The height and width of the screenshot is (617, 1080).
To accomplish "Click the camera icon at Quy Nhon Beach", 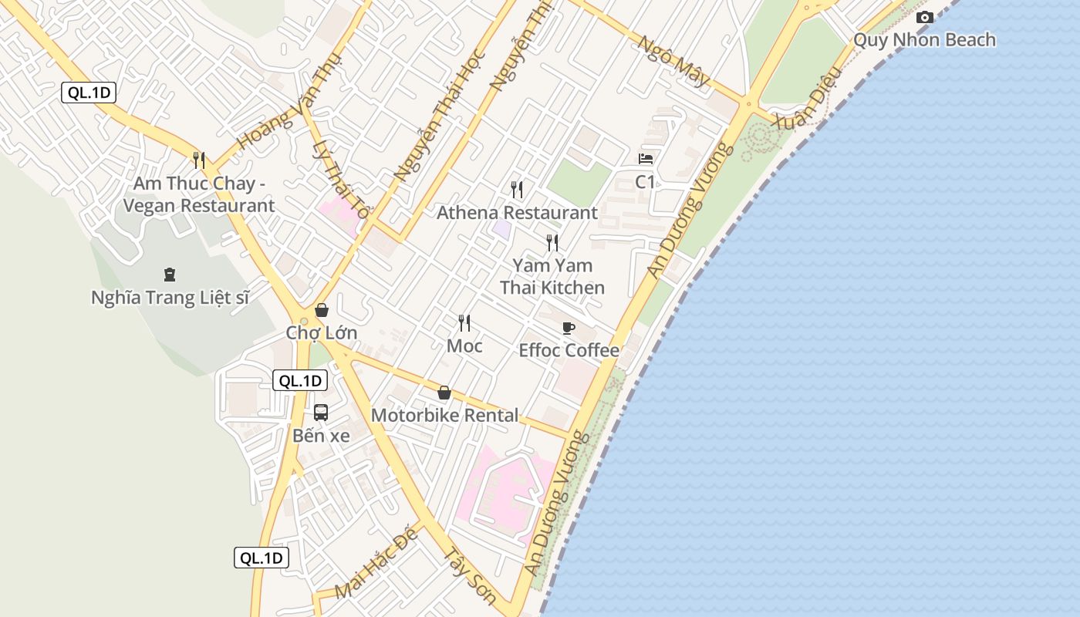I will (x=924, y=18).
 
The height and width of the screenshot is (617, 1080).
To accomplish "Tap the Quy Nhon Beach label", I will (x=924, y=40).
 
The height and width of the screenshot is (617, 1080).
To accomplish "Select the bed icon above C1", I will (x=646, y=159).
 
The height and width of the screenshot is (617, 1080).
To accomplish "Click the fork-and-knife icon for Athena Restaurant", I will (x=517, y=189).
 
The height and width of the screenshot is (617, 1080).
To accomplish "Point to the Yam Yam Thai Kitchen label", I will (x=552, y=277).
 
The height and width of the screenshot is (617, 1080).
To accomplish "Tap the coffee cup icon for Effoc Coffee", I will (x=569, y=328).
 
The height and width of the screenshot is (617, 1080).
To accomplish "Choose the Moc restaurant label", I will (x=464, y=346).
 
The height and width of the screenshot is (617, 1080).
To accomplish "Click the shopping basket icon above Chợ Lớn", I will (x=322, y=310).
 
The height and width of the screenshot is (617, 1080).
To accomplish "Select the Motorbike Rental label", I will (x=445, y=415).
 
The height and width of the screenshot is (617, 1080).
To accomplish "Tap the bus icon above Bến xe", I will (x=321, y=413).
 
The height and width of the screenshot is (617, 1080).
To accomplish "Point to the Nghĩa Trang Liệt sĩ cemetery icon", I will (x=170, y=275).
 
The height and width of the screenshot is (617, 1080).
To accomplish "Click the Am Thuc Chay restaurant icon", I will (x=199, y=160).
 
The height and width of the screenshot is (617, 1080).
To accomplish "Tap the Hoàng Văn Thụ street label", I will (x=278, y=118).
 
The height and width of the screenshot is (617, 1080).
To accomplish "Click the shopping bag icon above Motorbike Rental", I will (x=444, y=393).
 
